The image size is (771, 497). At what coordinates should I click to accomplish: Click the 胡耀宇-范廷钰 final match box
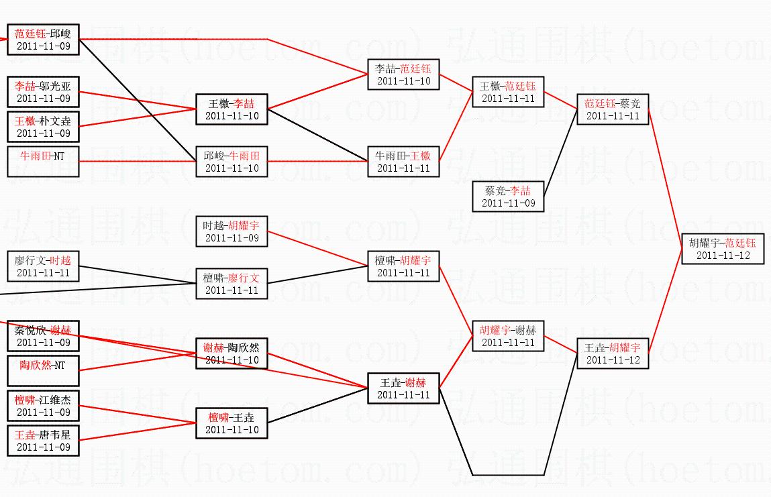click(723, 249)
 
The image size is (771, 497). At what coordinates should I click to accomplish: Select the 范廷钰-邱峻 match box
click(43, 40)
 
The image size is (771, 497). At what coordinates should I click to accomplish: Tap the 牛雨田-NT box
click(43, 162)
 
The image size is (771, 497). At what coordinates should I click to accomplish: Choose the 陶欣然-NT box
click(43, 371)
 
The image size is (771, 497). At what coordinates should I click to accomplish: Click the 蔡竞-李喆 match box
click(508, 197)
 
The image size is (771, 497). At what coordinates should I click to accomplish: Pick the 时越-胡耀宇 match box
click(232, 231)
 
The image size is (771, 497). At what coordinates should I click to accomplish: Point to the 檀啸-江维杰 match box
click(43, 406)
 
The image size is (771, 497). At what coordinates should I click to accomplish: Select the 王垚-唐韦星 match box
click(43, 441)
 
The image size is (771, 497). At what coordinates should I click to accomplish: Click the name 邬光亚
click(60, 86)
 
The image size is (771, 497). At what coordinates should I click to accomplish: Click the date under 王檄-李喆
click(232, 116)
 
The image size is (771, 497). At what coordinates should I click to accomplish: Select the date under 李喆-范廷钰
click(403, 81)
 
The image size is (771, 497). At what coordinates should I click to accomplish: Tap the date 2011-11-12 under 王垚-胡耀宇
click(613, 360)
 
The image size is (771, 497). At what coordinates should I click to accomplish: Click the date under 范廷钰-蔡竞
click(613, 116)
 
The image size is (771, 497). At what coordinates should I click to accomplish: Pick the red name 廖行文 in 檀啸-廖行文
click(244, 278)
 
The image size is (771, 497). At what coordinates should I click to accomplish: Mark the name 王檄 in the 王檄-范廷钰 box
click(491, 86)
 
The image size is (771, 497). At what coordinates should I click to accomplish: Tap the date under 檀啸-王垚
click(232, 430)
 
